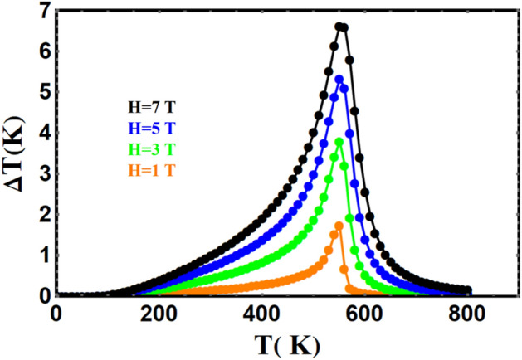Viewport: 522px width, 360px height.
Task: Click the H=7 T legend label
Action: (152, 108)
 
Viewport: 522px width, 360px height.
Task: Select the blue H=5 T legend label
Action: (152, 129)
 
